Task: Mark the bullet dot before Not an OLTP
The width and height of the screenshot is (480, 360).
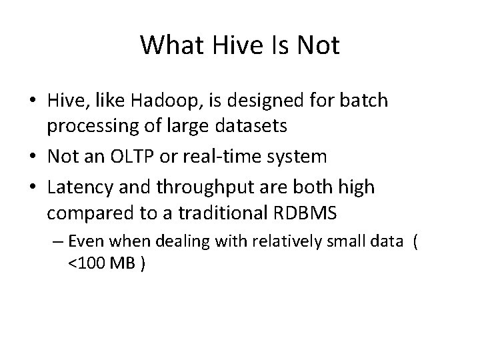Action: click(x=37, y=157)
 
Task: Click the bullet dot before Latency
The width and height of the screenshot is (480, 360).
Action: click(x=37, y=188)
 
